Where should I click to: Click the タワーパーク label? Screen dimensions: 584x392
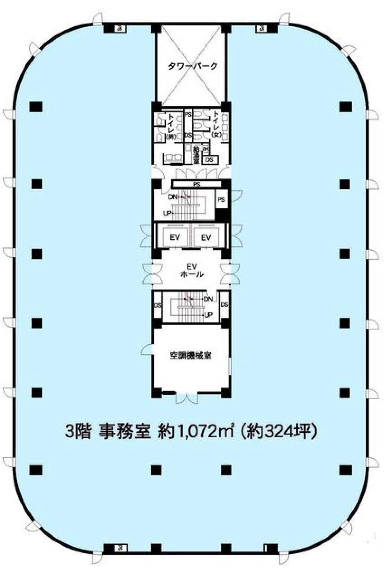point(193,66)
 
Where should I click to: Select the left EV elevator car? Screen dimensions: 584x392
point(175,237)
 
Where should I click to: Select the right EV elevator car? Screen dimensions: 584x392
point(206,237)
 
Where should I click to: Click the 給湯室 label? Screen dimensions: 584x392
point(196,155)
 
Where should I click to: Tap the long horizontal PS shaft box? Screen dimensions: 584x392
point(197,184)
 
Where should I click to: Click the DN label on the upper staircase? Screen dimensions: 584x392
point(173,197)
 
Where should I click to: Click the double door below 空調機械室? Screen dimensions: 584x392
point(187,398)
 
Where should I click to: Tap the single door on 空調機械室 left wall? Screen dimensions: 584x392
point(147,349)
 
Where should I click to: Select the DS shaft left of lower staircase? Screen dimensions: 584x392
point(158,305)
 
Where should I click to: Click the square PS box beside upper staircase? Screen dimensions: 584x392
point(221,200)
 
